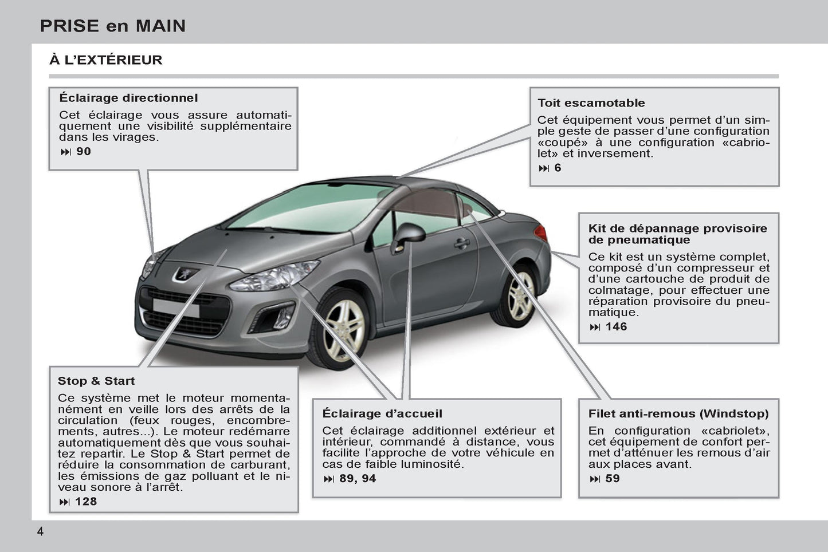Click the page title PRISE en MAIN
(x=113, y=26)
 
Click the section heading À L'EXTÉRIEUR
(x=105, y=60)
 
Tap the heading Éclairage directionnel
(x=128, y=98)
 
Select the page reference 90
(x=84, y=152)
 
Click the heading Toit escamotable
(x=591, y=102)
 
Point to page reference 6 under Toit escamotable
(x=558, y=168)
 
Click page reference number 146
(x=616, y=326)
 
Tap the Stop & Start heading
(x=96, y=381)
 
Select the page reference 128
(x=86, y=502)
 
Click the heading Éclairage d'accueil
(x=382, y=413)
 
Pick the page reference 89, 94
(x=358, y=479)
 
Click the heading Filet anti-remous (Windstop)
(x=678, y=413)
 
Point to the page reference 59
(x=613, y=479)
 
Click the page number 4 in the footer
(x=40, y=532)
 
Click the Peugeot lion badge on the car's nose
(x=186, y=274)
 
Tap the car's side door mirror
(x=408, y=237)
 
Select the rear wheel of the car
(x=516, y=295)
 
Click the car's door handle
(x=462, y=243)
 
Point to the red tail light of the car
(x=541, y=233)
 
